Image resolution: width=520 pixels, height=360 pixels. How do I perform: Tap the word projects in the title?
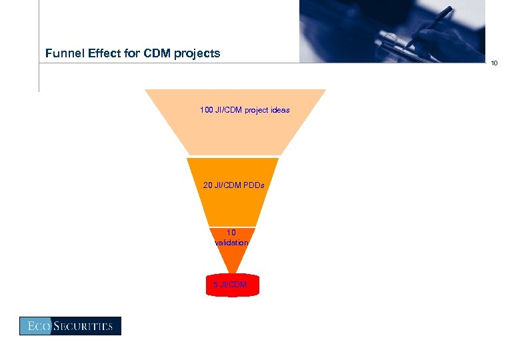(197, 53)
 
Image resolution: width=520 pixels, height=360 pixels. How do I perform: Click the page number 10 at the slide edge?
(494, 63)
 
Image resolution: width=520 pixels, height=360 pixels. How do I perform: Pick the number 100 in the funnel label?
(206, 110)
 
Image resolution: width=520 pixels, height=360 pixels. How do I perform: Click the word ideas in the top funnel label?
(280, 110)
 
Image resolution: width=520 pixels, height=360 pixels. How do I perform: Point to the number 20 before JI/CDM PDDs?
(207, 185)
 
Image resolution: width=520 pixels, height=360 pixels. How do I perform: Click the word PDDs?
(253, 185)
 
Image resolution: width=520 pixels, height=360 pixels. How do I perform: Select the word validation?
(231, 243)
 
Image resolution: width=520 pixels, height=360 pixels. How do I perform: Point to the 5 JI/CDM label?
(229, 285)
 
